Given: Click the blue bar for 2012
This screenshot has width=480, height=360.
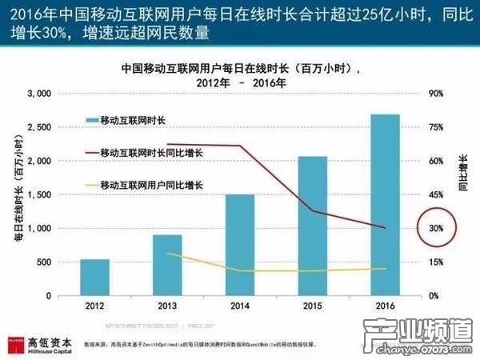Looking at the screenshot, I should coord(95,278).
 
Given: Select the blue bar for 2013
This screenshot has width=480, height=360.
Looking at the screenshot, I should coord(166,265).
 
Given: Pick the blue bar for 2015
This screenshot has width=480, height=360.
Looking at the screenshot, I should coord(313,226).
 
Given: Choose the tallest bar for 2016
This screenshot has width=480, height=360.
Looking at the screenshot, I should coord(385,205).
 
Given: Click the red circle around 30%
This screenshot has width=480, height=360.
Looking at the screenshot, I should coord(436,229).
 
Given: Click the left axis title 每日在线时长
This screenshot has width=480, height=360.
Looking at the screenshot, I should coord(15,194).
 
